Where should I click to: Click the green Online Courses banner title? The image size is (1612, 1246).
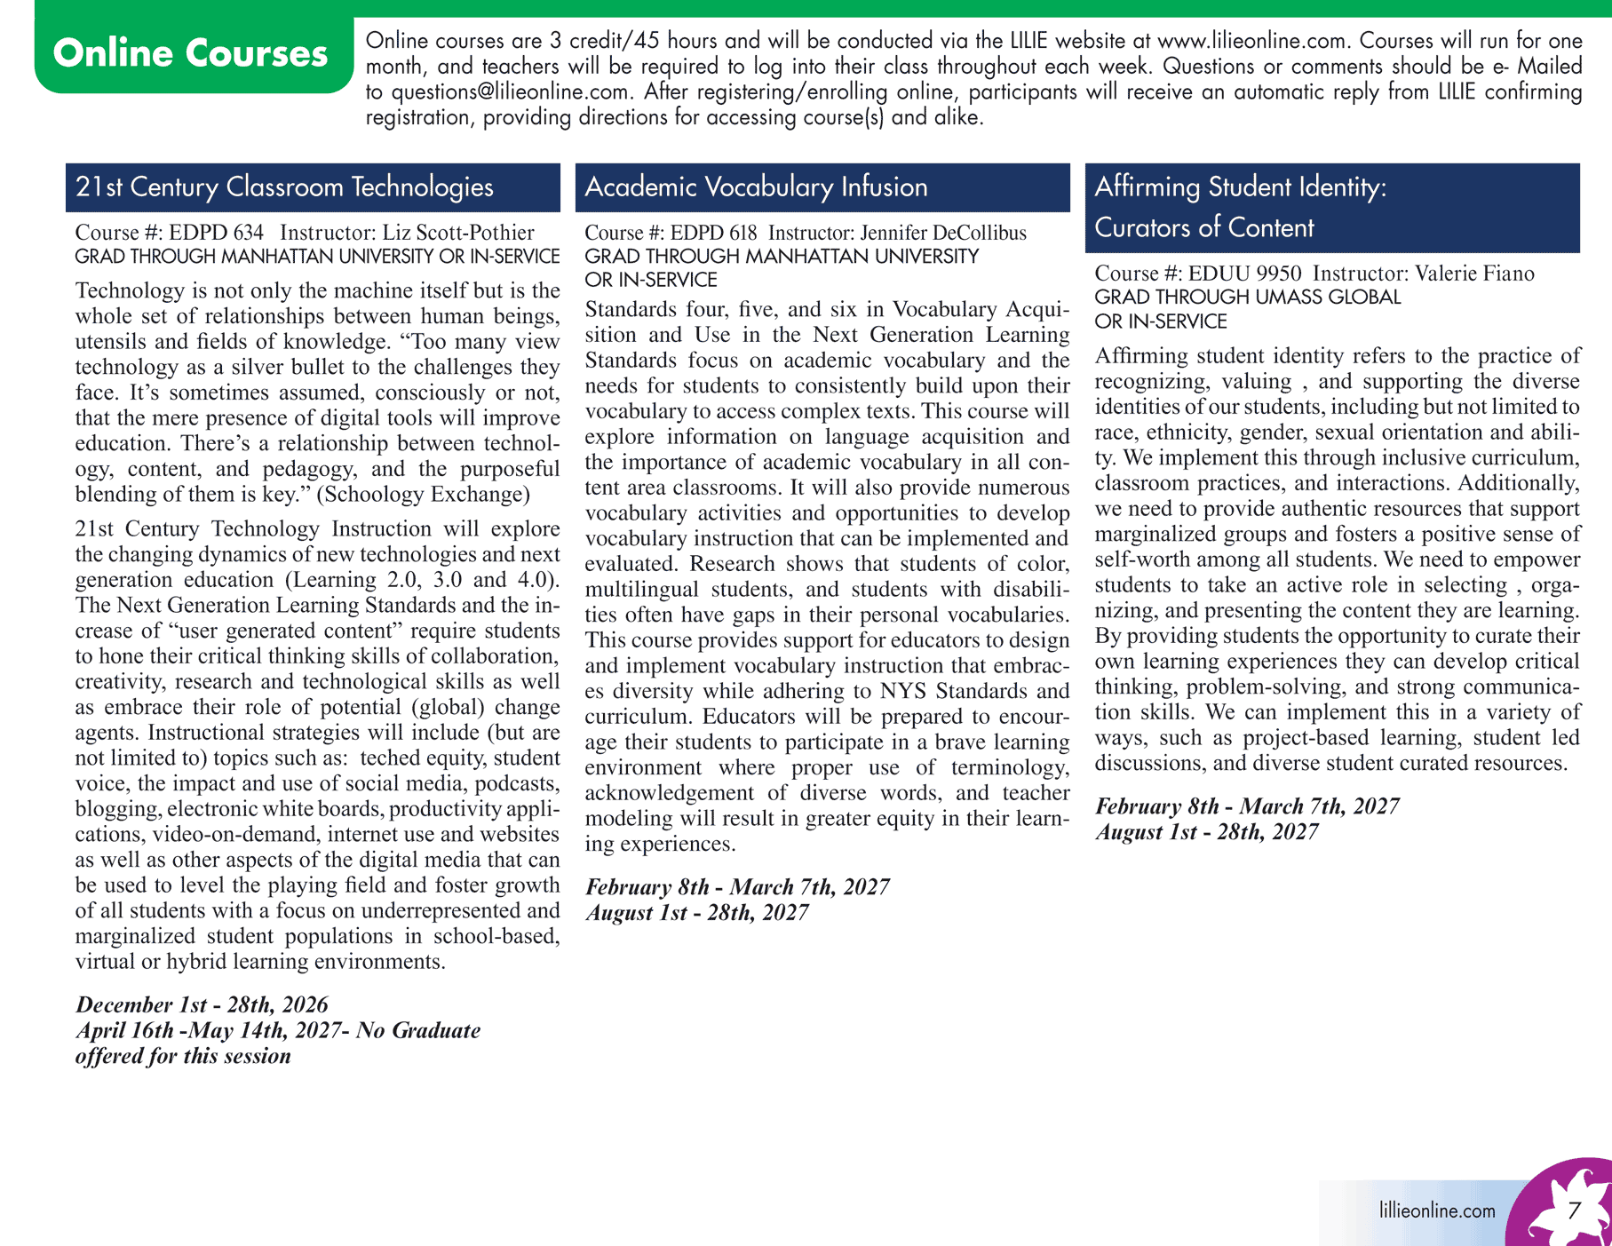190,53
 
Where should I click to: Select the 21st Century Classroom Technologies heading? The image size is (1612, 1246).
284,187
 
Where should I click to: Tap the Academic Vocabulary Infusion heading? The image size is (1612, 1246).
756,187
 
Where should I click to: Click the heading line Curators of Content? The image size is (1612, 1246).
1203,228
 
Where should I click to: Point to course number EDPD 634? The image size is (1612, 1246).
216,233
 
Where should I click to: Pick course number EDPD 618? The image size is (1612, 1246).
713,233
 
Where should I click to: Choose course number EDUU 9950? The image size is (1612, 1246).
1244,274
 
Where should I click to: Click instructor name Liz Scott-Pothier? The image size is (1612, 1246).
458,233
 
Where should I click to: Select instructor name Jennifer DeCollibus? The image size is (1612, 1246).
943,233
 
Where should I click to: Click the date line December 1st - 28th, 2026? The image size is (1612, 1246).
202,1004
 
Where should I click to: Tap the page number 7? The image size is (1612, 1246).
1574,1210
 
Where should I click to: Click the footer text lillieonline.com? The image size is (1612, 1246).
1437,1210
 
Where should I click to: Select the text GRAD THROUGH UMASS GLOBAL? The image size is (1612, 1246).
1247,298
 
